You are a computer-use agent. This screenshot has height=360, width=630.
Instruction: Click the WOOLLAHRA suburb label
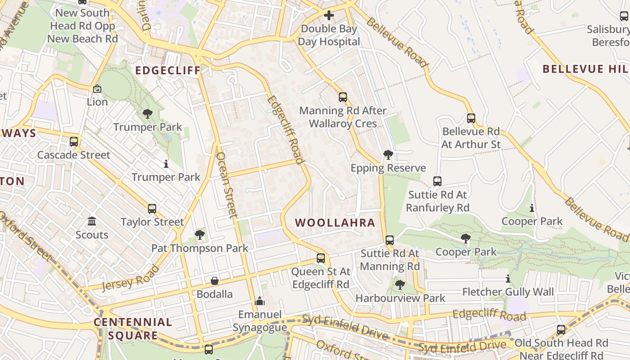pos(335,223)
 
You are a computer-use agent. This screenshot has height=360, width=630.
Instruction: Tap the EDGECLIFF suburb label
pos(167,71)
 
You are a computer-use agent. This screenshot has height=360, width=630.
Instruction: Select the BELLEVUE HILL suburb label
pos(585,69)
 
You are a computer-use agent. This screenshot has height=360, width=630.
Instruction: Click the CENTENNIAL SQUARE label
pos(133,328)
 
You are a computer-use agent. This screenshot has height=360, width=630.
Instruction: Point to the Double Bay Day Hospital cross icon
pos(329,15)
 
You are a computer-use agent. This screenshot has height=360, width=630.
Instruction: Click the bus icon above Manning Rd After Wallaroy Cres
pos(343,97)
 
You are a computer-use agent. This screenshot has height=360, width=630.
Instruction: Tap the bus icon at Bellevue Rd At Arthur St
pos(471,118)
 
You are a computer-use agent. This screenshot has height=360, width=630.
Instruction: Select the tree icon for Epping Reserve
pos(388,155)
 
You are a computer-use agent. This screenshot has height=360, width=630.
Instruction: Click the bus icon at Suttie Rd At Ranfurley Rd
pos(437,181)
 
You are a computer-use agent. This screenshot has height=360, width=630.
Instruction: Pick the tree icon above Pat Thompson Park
pos(199,235)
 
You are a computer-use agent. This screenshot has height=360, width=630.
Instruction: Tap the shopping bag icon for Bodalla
pos(215,281)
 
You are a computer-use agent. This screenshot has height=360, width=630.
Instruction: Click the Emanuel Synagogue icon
pos(260,301)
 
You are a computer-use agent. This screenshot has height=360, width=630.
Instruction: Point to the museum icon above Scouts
pos(92,221)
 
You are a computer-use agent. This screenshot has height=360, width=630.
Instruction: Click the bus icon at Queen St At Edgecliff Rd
pos(321,258)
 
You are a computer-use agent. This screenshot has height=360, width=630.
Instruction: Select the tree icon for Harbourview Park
pos(400,285)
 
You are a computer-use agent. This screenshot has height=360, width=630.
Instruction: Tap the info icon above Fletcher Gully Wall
pos(508,279)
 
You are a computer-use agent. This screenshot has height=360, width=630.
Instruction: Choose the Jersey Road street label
pos(131,277)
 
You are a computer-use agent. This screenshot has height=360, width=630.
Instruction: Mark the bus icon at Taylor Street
pos(152,209)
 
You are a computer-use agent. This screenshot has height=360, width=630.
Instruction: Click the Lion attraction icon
pos(97,89)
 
